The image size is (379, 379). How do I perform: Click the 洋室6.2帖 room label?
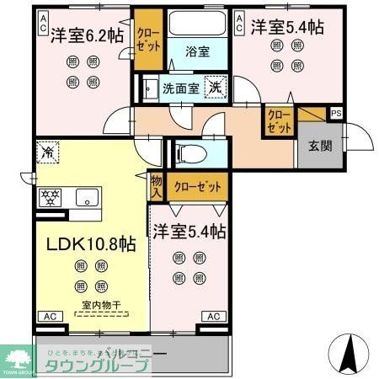click(x=86, y=35)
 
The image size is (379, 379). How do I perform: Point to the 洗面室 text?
click(x=180, y=87)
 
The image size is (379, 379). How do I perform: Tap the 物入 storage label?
click(x=157, y=187)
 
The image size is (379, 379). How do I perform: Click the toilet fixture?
click(x=189, y=152)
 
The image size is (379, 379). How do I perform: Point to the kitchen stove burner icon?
click(x=50, y=199)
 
